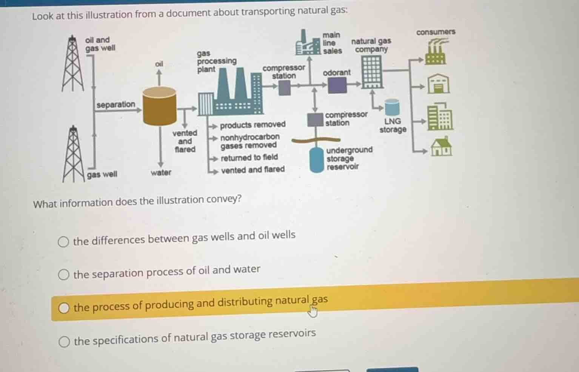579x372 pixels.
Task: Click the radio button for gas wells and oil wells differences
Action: coord(63,241)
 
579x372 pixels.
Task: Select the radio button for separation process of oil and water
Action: coord(63,274)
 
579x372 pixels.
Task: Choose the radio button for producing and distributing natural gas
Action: coord(63,308)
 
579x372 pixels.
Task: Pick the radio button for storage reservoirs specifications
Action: coord(64,341)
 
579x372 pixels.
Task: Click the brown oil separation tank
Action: coord(160,106)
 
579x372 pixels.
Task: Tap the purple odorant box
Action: coord(337,85)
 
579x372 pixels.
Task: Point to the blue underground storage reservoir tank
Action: coord(317,160)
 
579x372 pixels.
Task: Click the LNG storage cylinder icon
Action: coord(392,107)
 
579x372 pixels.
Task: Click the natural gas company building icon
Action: coord(372,72)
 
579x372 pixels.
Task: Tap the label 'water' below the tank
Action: coord(161,172)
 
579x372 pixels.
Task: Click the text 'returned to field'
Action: coord(249,157)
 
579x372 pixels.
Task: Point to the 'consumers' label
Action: coord(436,32)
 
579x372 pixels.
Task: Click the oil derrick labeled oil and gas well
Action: coord(72,63)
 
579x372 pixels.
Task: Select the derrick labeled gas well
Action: coord(73,154)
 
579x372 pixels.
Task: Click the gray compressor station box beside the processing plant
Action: coord(285,88)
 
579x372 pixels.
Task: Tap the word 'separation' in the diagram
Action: coord(116,105)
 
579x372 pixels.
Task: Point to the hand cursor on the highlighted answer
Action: coord(313,311)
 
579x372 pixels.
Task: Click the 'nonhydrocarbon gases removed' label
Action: coord(250,141)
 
